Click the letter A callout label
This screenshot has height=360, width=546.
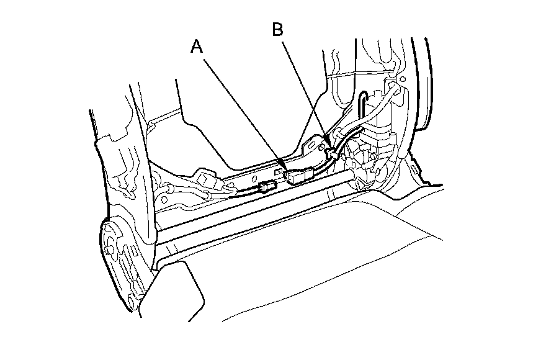click(x=197, y=47)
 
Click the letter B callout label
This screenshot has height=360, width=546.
click(x=279, y=29)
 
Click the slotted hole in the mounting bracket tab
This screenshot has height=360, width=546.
click(x=313, y=148)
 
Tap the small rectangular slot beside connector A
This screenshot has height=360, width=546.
click(x=280, y=168)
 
